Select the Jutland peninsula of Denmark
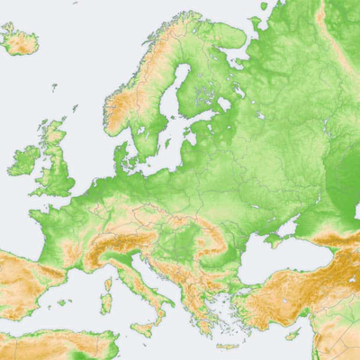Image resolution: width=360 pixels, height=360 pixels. (121, 157)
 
